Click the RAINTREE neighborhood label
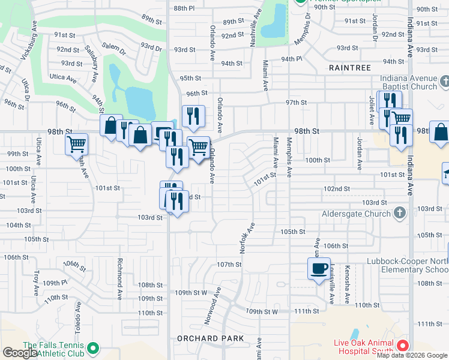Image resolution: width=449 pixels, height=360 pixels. pyautogui.click(x=350, y=68)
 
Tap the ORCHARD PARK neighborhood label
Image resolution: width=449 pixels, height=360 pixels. pyautogui.click(x=211, y=338)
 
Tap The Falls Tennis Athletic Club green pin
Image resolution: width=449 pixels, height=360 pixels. pyautogui.click(x=92, y=347)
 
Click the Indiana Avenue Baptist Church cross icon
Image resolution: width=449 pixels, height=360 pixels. pyautogui.click(x=445, y=82)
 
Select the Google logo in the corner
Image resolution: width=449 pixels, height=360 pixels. pyautogui.click(x=20, y=353)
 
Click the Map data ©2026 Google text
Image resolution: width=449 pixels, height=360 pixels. pyautogui.click(x=412, y=355)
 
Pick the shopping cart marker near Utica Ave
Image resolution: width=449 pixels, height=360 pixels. pyautogui.click(x=76, y=144)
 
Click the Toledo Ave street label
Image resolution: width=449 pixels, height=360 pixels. pyautogui.click(x=78, y=312)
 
